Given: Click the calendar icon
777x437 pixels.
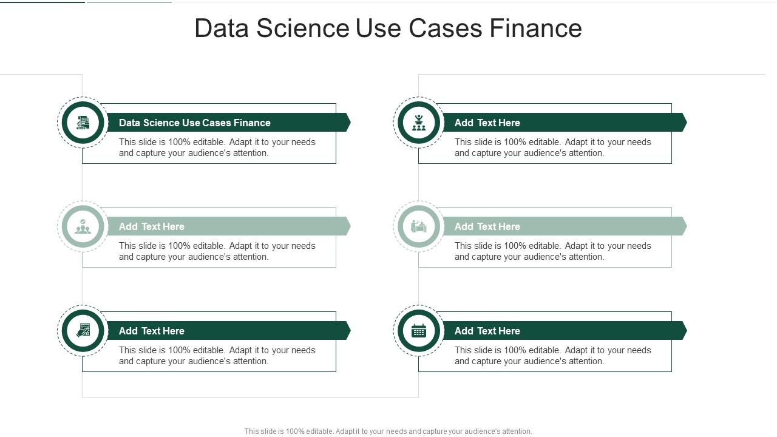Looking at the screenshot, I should click(419, 331).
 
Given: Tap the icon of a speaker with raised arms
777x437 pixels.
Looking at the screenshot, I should click(419, 123).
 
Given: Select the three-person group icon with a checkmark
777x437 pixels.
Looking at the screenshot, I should click(83, 226).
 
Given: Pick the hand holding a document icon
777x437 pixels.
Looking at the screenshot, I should click(83, 331).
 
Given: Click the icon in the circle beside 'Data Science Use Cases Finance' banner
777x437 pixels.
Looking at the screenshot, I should click(83, 123).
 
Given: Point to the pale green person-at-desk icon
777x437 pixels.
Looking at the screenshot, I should click(419, 226).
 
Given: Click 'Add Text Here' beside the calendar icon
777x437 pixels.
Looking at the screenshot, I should click(487, 331).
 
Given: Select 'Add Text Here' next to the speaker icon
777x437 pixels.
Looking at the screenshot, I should click(487, 123).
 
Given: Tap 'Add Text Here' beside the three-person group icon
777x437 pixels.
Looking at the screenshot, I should click(151, 226).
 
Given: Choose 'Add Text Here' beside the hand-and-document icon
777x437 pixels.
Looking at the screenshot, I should click(151, 331).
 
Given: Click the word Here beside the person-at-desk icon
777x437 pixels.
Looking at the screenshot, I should click(509, 226).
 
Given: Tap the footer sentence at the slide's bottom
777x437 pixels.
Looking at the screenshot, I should click(388, 432).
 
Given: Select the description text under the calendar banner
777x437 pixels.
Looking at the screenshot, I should click(552, 356).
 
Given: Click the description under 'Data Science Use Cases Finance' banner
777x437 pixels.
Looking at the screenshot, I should click(217, 147).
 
